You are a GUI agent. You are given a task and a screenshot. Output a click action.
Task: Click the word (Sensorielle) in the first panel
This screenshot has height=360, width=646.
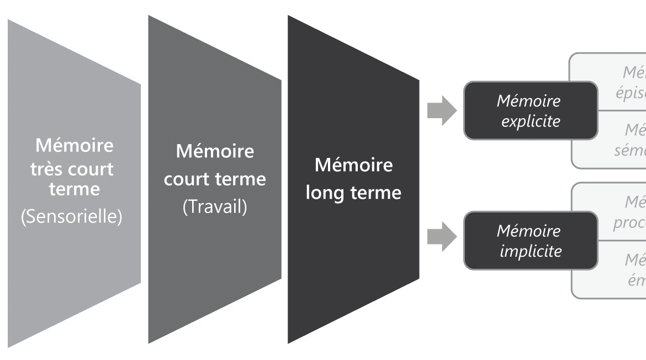71,216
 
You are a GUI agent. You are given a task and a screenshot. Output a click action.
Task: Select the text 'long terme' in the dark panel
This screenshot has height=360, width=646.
353,193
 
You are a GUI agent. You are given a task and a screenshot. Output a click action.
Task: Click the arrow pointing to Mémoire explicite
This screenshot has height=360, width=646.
442,110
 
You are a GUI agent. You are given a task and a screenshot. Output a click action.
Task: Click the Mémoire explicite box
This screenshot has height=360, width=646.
530,110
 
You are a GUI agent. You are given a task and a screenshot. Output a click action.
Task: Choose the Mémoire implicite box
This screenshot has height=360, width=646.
530,241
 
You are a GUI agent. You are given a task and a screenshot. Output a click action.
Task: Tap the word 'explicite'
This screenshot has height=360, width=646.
530,121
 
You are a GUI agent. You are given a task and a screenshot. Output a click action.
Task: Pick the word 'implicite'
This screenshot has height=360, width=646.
530,251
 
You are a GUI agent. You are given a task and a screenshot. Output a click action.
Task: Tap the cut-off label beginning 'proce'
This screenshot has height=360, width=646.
629,223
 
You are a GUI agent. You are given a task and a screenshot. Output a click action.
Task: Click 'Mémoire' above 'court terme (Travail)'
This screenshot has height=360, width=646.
215,151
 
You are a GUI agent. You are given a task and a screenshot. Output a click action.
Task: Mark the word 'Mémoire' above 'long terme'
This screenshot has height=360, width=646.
353,165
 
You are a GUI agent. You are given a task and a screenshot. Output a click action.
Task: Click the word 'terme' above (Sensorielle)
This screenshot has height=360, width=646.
75,189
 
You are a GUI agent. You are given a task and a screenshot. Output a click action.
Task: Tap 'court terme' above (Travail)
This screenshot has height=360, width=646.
215,179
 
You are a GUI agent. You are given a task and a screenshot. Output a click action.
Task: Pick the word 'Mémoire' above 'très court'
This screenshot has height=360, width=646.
75,146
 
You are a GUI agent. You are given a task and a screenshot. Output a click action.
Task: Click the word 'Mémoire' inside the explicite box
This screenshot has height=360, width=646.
528,101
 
